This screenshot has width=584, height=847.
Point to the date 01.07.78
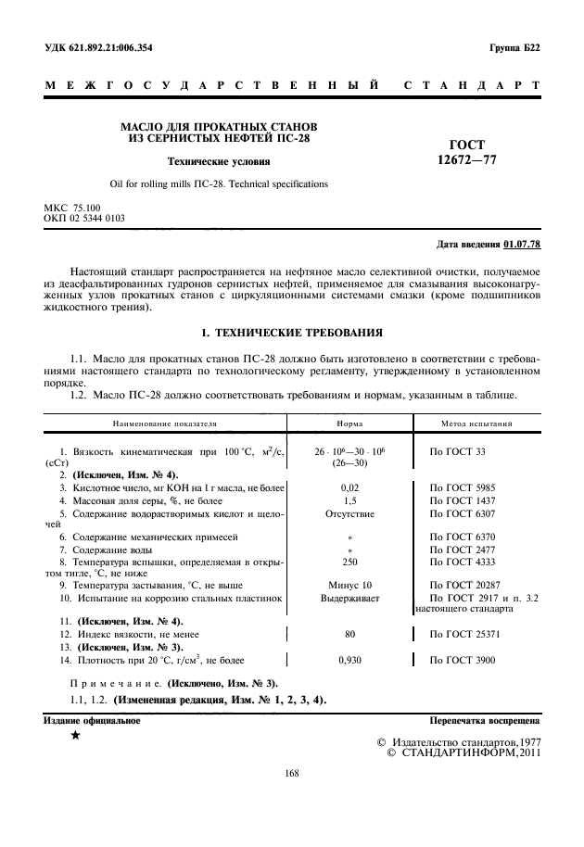[522, 245]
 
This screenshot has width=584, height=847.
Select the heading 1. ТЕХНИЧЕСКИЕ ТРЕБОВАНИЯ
[292, 332]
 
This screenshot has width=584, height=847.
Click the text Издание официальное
[92, 719]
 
